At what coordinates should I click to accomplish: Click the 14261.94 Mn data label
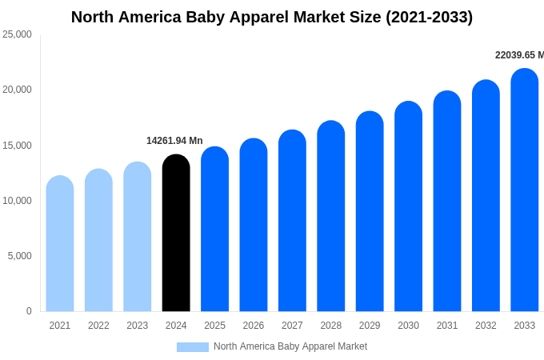click(174, 141)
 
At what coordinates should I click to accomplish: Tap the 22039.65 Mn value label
click(519, 55)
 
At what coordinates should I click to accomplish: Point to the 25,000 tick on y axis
click(17, 34)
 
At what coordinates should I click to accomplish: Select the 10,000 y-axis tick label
click(17, 201)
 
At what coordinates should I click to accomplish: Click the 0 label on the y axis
click(29, 311)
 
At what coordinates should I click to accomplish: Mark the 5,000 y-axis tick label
click(19, 256)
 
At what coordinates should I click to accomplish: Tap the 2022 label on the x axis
click(98, 326)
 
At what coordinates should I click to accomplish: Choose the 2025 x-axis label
click(214, 326)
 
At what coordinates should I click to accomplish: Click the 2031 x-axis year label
click(447, 326)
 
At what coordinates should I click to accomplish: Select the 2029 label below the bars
click(370, 326)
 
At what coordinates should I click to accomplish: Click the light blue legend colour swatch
click(193, 347)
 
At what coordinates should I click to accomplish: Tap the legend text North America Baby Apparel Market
click(290, 346)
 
